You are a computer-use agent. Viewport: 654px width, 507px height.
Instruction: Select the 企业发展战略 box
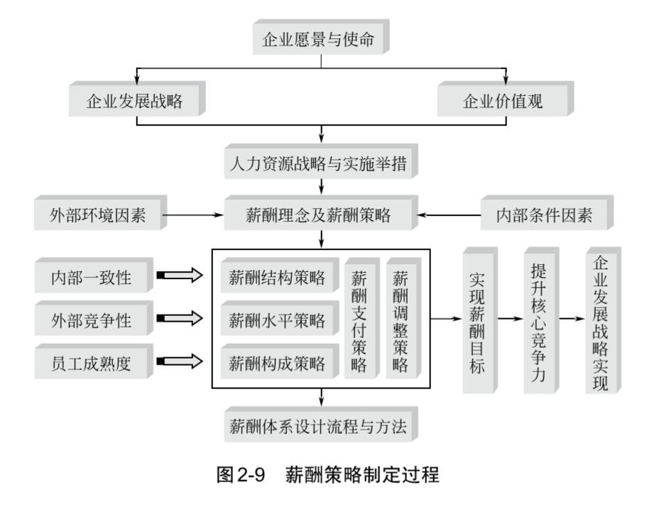pyautogui.click(x=134, y=101)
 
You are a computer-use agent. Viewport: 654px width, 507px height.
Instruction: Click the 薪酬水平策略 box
pyautogui.click(x=277, y=320)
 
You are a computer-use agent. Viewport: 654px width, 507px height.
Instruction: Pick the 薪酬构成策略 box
pyautogui.click(x=277, y=364)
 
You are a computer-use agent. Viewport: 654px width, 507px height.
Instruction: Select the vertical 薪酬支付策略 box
pyautogui.click(x=359, y=320)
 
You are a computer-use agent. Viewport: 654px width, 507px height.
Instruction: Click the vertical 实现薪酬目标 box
pyautogui.click(x=478, y=320)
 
